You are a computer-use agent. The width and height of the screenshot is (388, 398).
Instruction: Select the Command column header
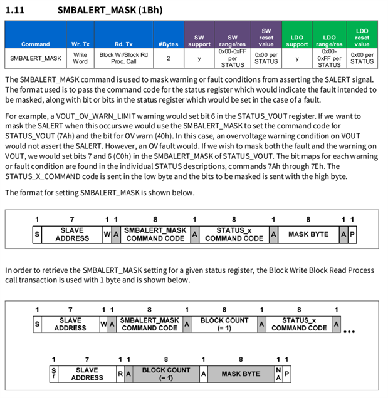tap(35, 44)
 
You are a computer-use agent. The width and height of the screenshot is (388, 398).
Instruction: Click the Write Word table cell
tap(80, 58)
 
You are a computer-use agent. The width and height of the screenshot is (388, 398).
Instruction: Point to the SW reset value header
tap(266, 38)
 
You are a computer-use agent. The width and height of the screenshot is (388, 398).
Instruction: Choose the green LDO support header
tap(297, 41)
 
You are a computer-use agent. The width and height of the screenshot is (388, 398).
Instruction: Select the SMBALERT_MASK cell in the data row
tap(36, 58)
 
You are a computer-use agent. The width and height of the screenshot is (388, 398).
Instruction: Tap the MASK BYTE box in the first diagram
tap(308, 234)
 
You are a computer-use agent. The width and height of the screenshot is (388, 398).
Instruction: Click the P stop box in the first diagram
tap(352, 234)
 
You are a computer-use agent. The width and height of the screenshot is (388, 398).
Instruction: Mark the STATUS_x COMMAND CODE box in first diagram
tap(234, 234)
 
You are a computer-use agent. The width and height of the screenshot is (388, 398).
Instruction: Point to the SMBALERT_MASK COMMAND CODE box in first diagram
tap(155, 234)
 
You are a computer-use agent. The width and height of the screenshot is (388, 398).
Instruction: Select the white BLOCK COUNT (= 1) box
tap(224, 324)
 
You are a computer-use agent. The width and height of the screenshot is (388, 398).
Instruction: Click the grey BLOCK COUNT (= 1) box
tap(165, 374)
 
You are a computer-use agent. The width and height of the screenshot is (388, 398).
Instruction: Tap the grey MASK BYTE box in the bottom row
tap(241, 374)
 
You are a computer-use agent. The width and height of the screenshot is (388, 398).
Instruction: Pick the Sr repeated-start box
tap(53, 374)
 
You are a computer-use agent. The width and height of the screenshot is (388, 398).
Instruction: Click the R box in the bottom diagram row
tap(120, 374)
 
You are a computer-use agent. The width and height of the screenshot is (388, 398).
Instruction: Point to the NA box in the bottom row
tap(278, 374)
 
